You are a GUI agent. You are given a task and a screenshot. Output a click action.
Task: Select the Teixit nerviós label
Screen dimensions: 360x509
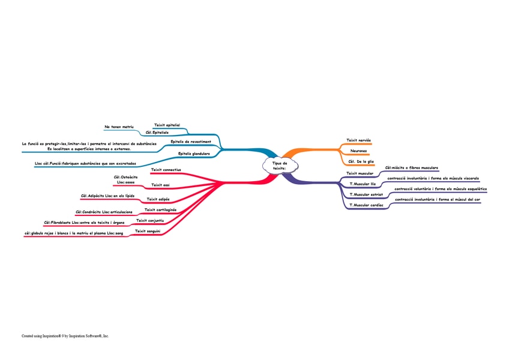(x=359, y=140)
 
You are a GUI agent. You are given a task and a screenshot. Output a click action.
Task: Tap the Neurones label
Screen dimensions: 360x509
(x=358, y=151)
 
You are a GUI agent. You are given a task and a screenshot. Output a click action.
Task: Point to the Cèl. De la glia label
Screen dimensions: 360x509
(x=361, y=161)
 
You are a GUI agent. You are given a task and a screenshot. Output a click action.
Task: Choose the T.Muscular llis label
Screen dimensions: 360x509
(x=363, y=184)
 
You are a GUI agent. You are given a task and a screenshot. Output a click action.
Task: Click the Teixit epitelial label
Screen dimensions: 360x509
(x=167, y=125)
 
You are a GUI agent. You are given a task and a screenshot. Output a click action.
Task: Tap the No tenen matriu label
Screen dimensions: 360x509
(x=118, y=127)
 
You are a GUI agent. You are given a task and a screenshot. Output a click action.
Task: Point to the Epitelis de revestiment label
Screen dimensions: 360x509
(x=190, y=142)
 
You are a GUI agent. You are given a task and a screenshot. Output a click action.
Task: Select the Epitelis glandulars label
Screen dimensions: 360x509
(x=194, y=154)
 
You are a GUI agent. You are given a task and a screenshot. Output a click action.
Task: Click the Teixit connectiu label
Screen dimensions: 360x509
(x=166, y=170)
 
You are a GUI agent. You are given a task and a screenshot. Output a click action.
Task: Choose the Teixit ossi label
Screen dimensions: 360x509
(x=160, y=185)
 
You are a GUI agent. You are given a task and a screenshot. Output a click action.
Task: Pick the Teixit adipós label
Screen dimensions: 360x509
(x=158, y=199)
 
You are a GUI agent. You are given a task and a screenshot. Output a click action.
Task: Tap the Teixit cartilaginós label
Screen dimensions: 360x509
(x=160, y=210)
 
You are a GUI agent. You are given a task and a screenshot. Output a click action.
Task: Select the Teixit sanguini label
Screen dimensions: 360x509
(x=148, y=231)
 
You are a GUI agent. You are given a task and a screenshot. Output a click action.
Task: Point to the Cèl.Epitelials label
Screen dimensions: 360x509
(x=157, y=132)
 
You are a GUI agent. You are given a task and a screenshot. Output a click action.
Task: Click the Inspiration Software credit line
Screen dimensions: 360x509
(x=65, y=336)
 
